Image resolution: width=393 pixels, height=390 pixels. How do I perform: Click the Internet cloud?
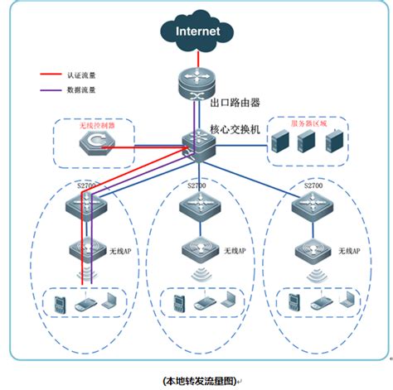197,31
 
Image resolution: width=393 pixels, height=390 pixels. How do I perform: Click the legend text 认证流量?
91,73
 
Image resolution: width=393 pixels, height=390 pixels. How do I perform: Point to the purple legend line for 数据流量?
56,87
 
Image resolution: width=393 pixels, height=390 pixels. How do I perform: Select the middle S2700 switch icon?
197,207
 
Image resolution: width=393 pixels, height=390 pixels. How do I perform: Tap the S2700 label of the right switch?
313,186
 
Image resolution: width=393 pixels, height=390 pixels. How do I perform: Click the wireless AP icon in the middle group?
197,249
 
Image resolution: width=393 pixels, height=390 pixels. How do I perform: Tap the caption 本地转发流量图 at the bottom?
196,380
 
